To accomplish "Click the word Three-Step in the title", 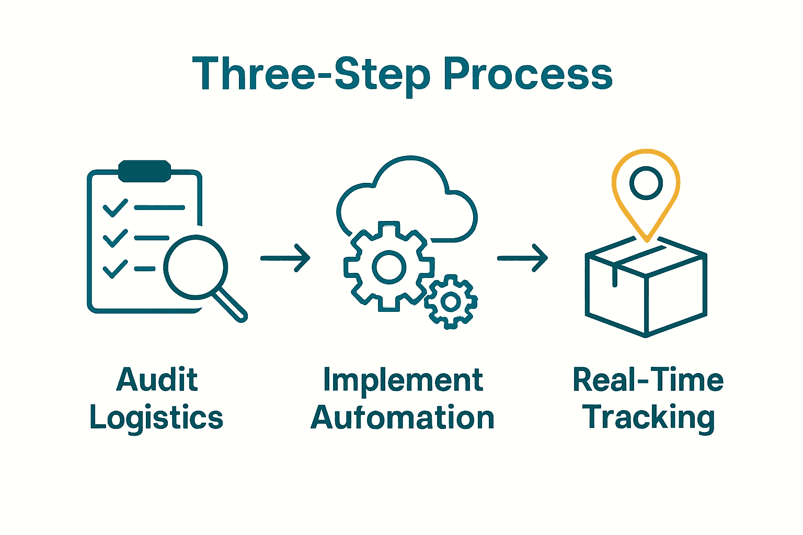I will [311, 74].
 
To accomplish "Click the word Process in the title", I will [527, 74].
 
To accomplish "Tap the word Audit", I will [157, 379].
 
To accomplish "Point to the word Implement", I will [403, 380].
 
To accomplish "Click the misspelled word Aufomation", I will [403, 418].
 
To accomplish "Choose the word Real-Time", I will [648, 379].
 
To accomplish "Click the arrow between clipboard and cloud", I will [285, 258].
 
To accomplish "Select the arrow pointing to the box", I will [522, 258].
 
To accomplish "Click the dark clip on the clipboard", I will [145, 171].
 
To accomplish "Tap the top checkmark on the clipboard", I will [116, 207].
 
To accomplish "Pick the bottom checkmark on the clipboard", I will [116, 269].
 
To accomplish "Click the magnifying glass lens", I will [196, 267].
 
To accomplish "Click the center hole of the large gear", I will [388, 266].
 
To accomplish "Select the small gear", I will [451, 302].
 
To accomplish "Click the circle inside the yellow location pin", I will [646, 183].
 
